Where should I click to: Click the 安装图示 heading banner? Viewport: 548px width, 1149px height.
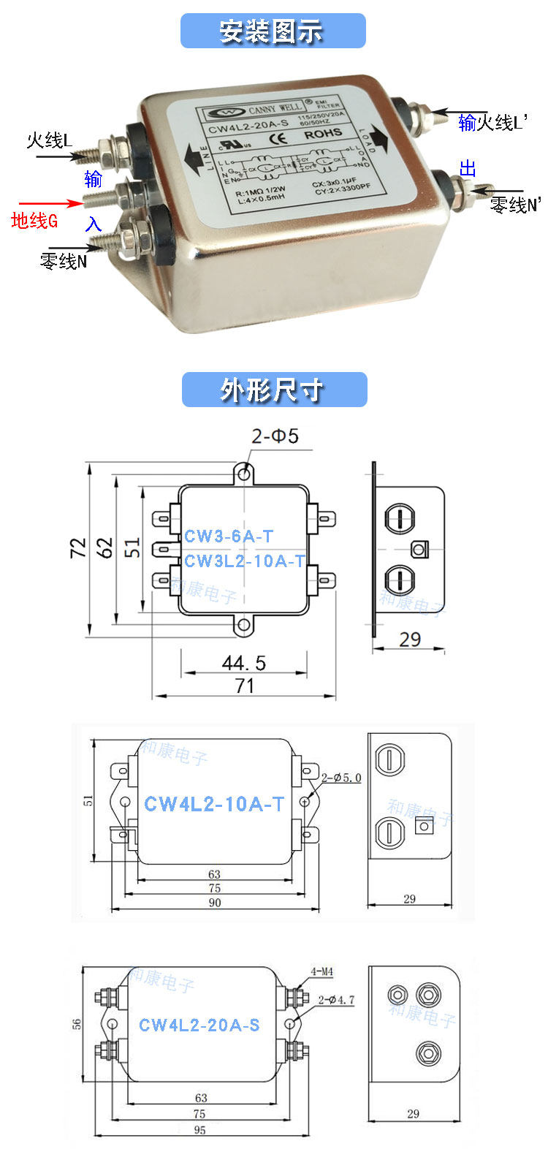coord(273,31)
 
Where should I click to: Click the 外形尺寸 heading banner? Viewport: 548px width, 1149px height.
coord(273,390)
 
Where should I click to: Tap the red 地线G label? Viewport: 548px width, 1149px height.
coord(34,220)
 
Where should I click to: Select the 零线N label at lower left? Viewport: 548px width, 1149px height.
coord(63,261)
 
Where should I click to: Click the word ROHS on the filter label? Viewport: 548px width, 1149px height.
coord(322,134)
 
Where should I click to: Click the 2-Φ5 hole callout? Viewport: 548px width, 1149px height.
coord(275,436)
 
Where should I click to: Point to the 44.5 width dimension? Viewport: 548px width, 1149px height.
coord(244,663)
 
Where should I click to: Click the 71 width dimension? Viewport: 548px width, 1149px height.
coord(244,686)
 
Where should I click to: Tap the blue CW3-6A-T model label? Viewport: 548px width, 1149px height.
coord(229,536)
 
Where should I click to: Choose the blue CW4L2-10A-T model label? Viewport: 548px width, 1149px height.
coord(214,804)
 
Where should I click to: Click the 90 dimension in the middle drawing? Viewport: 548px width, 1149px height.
coord(215,903)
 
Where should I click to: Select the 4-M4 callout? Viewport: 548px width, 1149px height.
coord(321,972)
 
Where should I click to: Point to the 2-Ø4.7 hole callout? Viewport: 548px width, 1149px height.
coord(337,999)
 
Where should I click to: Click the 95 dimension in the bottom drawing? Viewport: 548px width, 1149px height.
coord(200,1129)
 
